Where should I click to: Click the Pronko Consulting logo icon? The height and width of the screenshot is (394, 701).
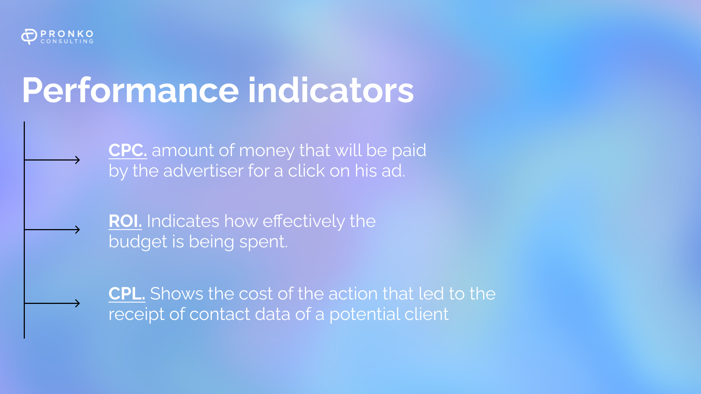tap(29, 36)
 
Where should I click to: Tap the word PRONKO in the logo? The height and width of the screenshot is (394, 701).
tap(67, 34)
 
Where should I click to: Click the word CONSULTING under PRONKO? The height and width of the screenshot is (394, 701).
tap(67, 42)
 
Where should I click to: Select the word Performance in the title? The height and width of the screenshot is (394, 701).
tap(130, 90)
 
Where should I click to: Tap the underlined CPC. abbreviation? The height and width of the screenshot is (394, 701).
tap(128, 150)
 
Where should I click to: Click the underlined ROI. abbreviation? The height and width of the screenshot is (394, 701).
tap(125, 221)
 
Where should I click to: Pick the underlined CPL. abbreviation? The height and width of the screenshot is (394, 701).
tap(127, 294)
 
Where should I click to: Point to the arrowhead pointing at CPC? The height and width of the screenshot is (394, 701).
tap(77, 160)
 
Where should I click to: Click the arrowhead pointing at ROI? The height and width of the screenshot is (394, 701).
tap(77, 229)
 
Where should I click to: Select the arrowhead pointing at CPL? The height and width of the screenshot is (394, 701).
tap(77, 303)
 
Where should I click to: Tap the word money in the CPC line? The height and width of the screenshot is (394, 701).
tap(267, 151)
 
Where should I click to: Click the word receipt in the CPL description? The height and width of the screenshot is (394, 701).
tap(136, 314)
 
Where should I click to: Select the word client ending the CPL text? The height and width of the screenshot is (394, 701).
tap(426, 314)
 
